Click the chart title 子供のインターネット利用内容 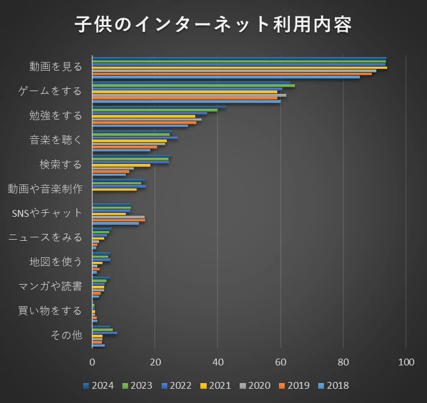tap(213, 24)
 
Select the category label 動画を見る tap(56, 67)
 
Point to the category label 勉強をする tap(56, 116)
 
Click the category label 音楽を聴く tap(56, 140)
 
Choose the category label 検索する tap(61, 165)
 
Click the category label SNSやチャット tap(47, 213)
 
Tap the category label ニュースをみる tap(45, 237)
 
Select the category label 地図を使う tap(56, 262)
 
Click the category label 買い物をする tap(50, 311)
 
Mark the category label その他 tap(66, 335)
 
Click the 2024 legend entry tap(98, 386)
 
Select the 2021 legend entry tap(215, 386)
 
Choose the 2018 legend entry tap(333, 386)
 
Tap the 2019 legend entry tap(294, 386)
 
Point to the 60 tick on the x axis tap(281, 362)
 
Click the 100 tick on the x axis tap(406, 362)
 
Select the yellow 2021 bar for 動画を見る tap(239, 68)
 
